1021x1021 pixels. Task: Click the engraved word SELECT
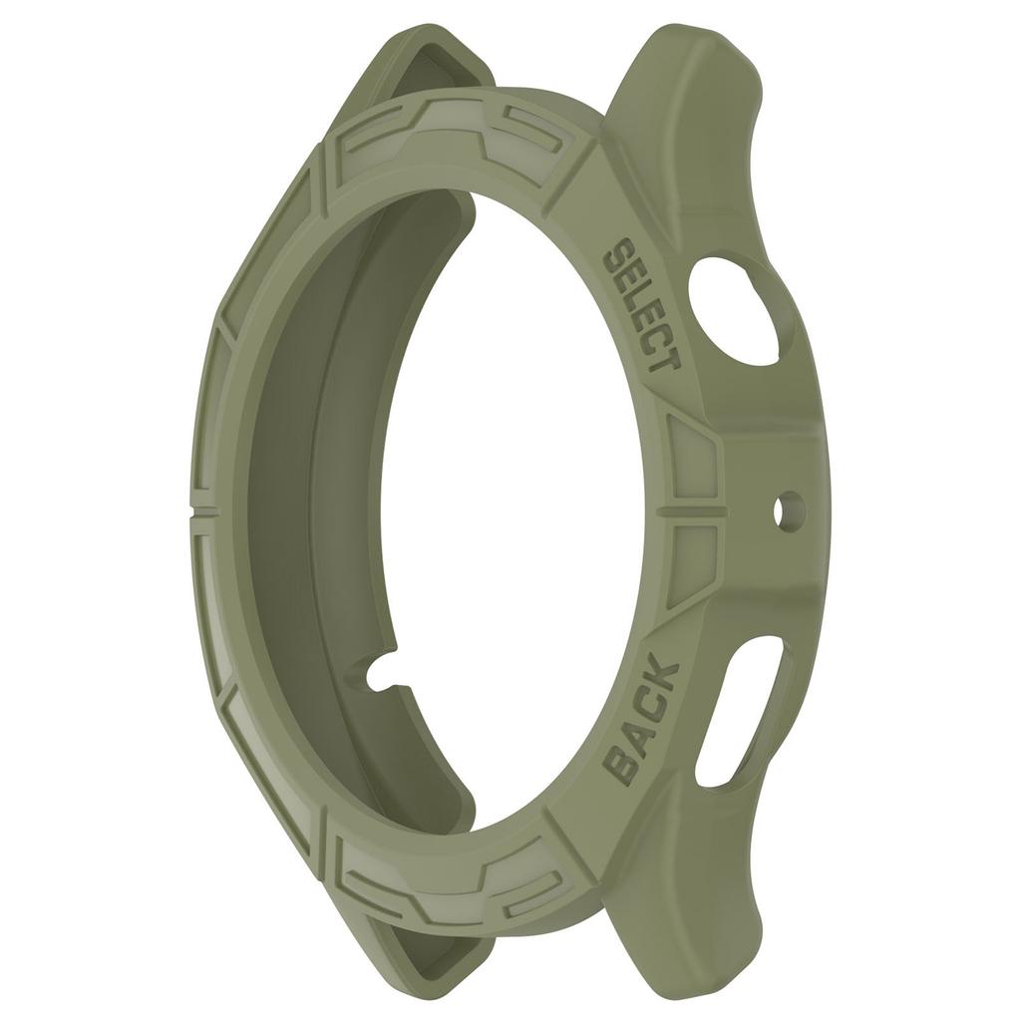(x=642, y=304)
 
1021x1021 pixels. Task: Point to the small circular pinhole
(x=788, y=510)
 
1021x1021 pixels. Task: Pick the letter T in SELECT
(x=663, y=357)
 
